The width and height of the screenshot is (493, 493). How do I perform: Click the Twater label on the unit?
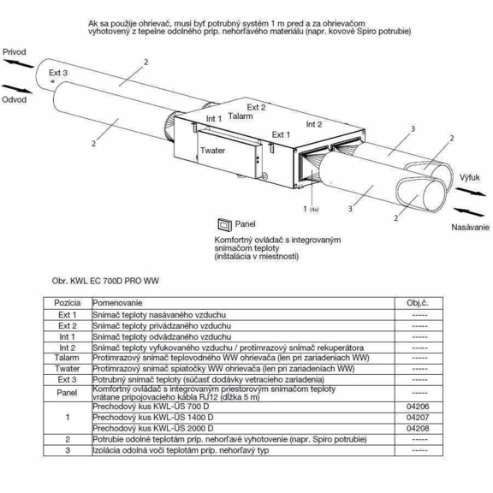(212, 151)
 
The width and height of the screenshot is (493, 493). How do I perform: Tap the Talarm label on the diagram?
(241, 116)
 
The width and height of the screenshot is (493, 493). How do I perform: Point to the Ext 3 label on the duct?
(58, 73)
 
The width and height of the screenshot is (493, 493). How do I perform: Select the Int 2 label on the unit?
(314, 124)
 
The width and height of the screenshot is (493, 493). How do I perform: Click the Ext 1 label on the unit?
(281, 135)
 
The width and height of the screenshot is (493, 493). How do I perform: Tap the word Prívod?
(15, 52)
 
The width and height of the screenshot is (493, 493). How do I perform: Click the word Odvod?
(15, 99)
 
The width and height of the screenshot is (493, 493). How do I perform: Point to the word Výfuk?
(470, 178)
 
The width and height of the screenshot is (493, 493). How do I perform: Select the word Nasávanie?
(471, 227)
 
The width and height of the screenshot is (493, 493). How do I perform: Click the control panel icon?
(224, 224)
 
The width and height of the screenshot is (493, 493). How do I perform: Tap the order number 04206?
(418, 407)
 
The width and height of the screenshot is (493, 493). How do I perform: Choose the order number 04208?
(418, 429)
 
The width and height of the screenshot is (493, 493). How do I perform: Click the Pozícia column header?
(68, 303)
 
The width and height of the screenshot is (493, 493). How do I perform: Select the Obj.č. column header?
(418, 303)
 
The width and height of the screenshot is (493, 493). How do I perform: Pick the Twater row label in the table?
(68, 369)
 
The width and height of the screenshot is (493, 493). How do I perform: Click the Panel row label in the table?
(67, 393)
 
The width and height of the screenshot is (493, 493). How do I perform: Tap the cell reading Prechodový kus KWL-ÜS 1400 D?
(153, 418)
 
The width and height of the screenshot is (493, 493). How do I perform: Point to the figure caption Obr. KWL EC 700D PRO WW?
(105, 281)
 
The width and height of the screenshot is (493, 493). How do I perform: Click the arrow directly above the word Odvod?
(17, 89)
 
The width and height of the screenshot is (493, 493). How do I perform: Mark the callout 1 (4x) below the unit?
(311, 209)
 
